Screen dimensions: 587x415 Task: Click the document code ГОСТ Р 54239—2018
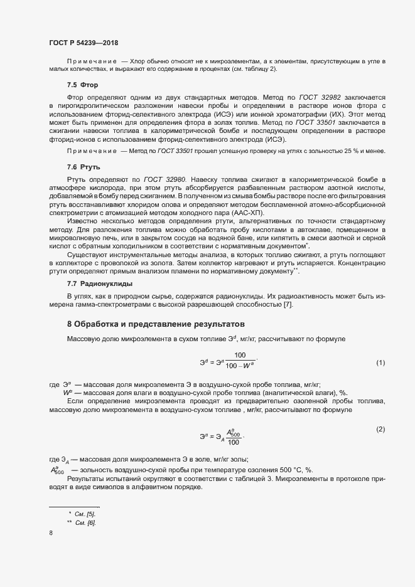(x=84, y=43)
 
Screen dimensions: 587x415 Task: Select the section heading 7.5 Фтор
(x=82, y=84)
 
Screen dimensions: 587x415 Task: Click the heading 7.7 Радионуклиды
(x=98, y=284)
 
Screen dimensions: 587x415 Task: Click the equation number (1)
(x=380, y=363)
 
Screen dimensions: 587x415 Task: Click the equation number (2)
(x=380, y=429)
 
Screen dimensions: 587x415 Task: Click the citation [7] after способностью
(x=288, y=305)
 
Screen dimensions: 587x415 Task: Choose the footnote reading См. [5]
(x=86, y=514)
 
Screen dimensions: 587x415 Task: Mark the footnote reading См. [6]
(x=86, y=522)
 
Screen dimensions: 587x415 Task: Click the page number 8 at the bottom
(x=51, y=533)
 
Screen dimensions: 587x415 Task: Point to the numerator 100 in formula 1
(x=240, y=356)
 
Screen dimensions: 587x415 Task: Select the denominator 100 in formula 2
(x=234, y=442)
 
